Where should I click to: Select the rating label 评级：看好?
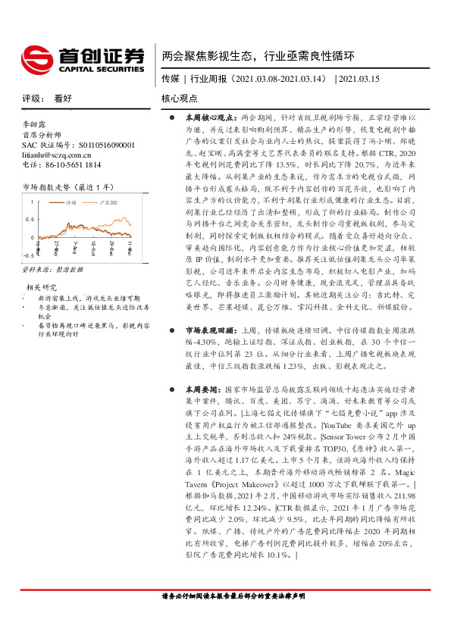[x=47, y=99]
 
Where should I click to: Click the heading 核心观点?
[x=180, y=99]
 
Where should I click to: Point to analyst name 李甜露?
[x=34, y=124]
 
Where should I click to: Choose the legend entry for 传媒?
[x=71, y=202]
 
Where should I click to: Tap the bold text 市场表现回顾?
[x=205, y=330]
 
